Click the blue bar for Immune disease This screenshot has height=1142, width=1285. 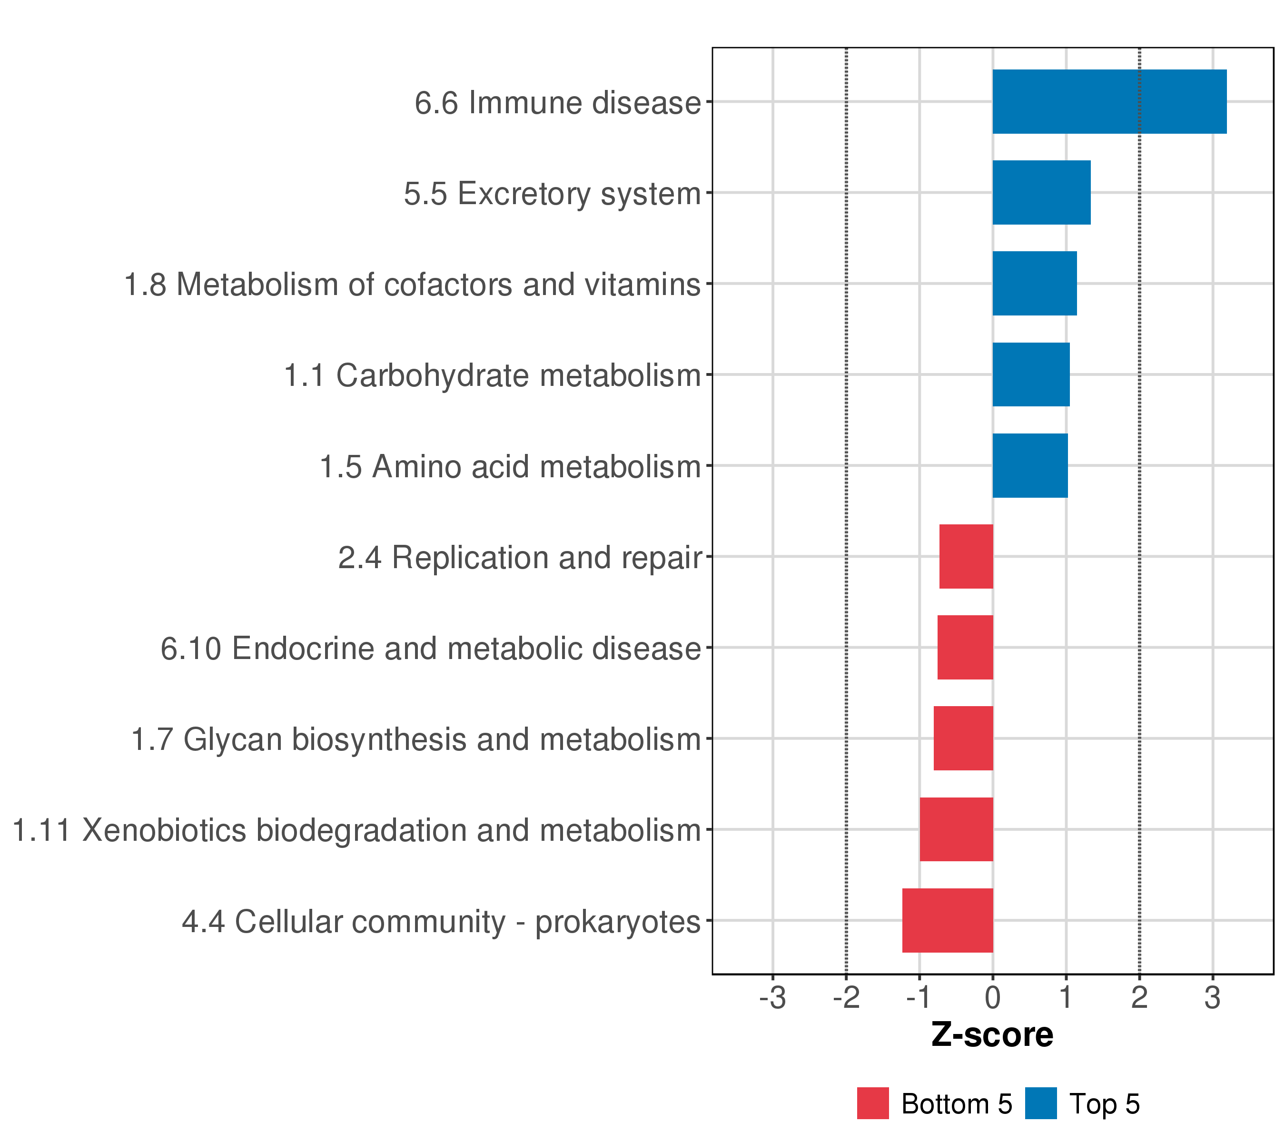tap(1109, 101)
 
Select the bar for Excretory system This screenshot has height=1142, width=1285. tap(1041, 192)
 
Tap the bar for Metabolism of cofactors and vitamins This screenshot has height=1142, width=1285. tap(1034, 284)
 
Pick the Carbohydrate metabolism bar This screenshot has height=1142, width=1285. tap(1031, 374)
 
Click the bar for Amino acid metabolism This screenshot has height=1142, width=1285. tap(1030, 466)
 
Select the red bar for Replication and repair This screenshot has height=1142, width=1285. tap(966, 556)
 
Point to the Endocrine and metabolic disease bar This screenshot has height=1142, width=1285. tap(965, 647)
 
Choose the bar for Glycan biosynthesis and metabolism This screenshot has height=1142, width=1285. tap(963, 738)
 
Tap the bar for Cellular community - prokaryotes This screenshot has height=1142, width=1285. tap(948, 920)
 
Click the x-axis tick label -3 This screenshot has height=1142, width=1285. tap(772, 998)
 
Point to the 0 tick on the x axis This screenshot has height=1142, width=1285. tap(993, 998)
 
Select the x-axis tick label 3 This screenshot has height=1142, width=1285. tap(1213, 998)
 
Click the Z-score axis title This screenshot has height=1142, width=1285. tap(992, 1035)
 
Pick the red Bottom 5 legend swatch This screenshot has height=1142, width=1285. tap(872, 1103)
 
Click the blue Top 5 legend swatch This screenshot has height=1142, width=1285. tap(1040, 1103)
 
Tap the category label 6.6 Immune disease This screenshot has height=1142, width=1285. tap(557, 103)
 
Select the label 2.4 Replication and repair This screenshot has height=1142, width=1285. tap(519, 558)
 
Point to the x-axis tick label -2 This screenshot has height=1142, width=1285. tap(846, 998)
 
